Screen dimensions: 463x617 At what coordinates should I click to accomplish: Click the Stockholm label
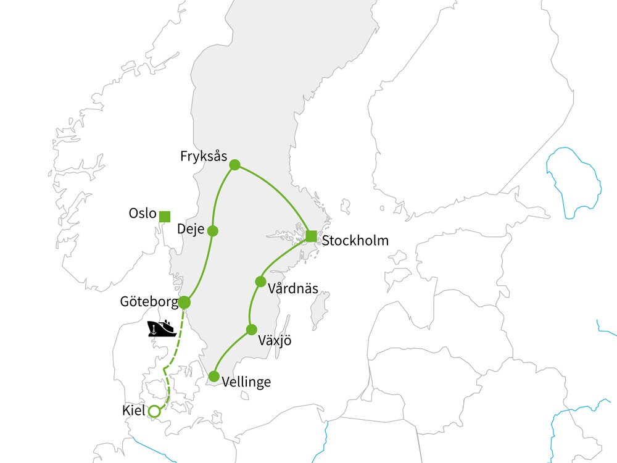(x=356, y=240)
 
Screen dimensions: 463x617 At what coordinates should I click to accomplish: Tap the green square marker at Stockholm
(x=312, y=236)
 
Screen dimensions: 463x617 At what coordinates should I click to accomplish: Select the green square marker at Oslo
(x=165, y=216)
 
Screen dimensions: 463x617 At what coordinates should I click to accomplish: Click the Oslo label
(x=142, y=214)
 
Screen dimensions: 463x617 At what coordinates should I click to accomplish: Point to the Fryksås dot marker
(x=234, y=165)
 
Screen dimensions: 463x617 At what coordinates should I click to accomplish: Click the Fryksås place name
(x=204, y=156)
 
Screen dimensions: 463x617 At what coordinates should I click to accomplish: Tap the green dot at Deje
(x=213, y=231)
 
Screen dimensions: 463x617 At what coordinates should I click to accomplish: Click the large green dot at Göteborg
(x=184, y=302)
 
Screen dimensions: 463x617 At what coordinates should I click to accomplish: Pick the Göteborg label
(x=149, y=302)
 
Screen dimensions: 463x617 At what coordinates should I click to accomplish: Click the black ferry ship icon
(x=162, y=328)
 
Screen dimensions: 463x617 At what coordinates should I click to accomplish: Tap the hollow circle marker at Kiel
(x=155, y=411)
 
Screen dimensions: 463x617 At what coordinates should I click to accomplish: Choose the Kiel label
(x=135, y=409)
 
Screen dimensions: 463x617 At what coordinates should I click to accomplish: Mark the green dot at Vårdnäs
(x=260, y=282)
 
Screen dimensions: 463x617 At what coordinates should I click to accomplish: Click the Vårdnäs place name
(x=294, y=288)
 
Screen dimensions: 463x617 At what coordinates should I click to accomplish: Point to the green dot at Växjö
(x=251, y=330)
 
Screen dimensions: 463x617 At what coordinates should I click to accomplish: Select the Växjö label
(x=275, y=340)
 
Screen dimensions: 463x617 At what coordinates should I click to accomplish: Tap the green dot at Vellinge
(x=214, y=376)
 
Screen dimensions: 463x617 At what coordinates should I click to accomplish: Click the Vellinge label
(x=247, y=383)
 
